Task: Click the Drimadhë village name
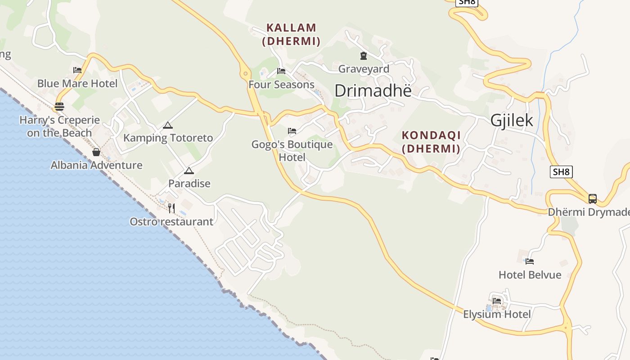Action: click(x=373, y=91)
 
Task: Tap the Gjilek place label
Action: click(x=512, y=120)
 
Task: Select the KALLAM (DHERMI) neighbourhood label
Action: click(x=291, y=34)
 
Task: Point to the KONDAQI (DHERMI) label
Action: click(x=431, y=141)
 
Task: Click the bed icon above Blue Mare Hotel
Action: click(x=77, y=70)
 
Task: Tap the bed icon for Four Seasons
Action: click(x=281, y=71)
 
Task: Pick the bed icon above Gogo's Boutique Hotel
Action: click(x=292, y=131)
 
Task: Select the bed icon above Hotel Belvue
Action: click(x=530, y=261)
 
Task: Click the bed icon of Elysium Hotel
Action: click(x=497, y=301)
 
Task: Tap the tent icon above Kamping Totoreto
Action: click(x=168, y=125)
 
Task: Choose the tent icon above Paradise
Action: click(x=189, y=171)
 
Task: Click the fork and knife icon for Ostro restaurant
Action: click(x=171, y=208)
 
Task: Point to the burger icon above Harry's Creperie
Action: click(x=59, y=107)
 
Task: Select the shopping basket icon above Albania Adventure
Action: click(x=96, y=152)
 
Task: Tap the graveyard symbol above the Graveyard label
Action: click(x=363, y=56)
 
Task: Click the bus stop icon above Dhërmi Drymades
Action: click(x=593, y=198)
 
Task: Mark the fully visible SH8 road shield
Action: click(x=561, y=171)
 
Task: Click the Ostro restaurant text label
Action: click(x=171, y=221)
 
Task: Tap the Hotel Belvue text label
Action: click(x=530, y=274)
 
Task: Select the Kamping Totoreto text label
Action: click(x=168, y=138)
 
